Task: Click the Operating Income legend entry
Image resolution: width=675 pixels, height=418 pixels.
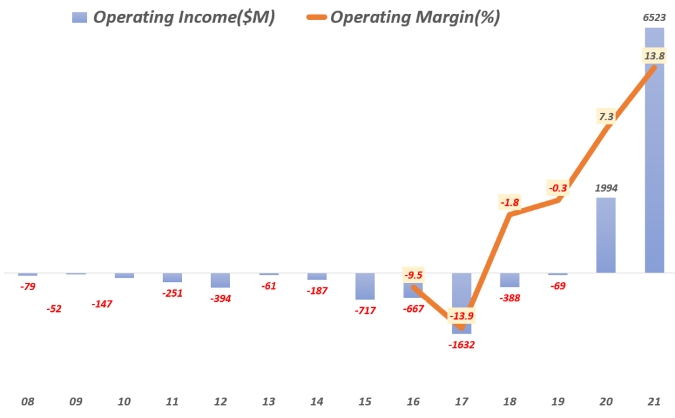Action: [x=173, y=18]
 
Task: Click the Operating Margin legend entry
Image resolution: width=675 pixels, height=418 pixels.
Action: [x=402, y=18]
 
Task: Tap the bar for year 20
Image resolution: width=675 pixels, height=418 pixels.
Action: [x=606, y=235]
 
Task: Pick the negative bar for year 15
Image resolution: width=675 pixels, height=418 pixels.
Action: [x=365, y=286]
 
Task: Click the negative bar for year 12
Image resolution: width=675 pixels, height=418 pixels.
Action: [x=220, y=280]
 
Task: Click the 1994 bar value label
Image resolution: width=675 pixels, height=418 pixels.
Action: [x=606, y=187]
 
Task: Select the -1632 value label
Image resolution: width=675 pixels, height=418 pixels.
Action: [x=461, y=344]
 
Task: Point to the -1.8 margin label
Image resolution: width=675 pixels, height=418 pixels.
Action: [x=510, y=202]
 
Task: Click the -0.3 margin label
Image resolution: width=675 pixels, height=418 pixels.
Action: [x=558, y=187]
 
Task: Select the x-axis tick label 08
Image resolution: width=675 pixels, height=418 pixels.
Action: [x=28, y=402]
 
